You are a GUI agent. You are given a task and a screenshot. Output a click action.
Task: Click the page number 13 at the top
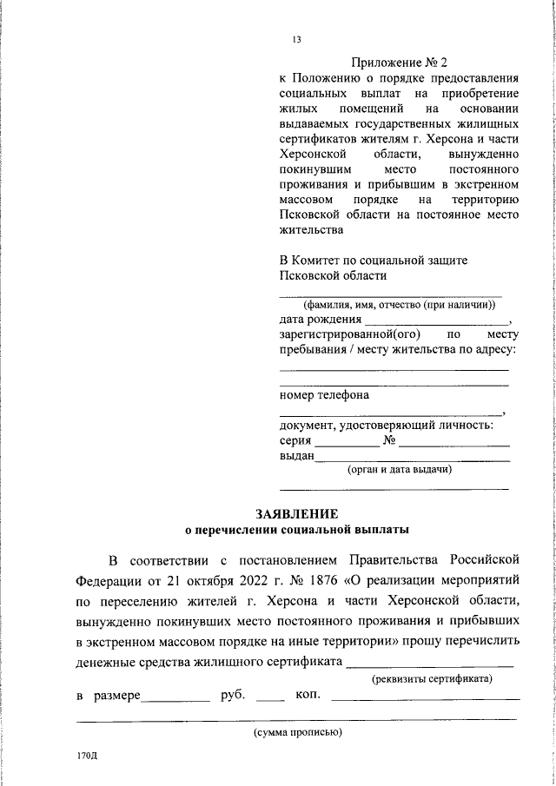tap(297, 39)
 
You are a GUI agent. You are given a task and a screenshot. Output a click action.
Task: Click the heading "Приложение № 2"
tap(399, 63)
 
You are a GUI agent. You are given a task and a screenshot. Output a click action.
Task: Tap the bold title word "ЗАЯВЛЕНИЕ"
tap(296, 513)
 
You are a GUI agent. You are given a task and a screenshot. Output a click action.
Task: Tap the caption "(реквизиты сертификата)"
tap(432, 678)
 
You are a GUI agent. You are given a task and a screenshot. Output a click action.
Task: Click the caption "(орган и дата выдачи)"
tap(398, 470)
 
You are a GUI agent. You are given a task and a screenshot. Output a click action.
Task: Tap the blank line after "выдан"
tap(413, 459)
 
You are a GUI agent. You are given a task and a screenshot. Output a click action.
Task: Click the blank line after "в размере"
tap(177, 700)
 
